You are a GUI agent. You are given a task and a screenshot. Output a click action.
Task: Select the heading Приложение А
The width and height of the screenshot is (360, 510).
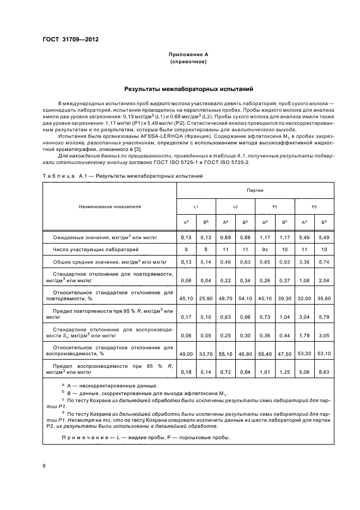point(188,55)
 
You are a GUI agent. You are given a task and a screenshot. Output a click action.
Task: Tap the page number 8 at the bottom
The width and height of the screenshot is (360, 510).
point(44,466)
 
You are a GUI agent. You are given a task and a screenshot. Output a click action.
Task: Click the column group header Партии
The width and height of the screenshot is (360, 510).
point(255,191)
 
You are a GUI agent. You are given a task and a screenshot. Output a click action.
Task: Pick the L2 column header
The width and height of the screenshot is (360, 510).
point(235,207)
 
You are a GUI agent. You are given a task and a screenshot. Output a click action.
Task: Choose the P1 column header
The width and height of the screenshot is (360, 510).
point(275,207)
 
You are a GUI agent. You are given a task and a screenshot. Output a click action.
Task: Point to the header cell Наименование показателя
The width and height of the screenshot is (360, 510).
point(109,207)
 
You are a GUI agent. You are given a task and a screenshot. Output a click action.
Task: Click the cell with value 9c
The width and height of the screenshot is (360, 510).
point(265,249)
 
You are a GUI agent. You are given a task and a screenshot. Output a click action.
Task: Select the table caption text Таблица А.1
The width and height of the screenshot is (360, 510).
point(62,176)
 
